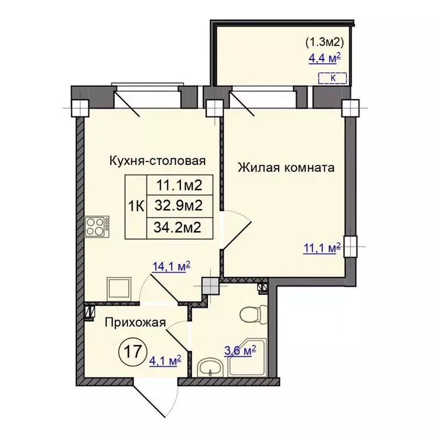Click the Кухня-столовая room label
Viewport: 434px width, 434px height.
tap(158, 161)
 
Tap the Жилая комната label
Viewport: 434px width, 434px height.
tap(286, 167)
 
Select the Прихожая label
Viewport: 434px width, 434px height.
tap(136, 323)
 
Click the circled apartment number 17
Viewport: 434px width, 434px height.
tap(132, 352)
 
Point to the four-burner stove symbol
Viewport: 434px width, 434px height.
tap(97, 227)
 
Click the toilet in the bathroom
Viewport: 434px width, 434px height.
tap(253, 314)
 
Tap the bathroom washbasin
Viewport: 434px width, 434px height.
tap(211, 367)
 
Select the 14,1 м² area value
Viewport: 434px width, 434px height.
tap(171, 267)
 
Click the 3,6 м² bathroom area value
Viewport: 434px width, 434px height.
tap(240, 351)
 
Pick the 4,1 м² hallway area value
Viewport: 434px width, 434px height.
tap(165, 361)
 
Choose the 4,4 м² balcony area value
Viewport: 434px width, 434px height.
tap(324, 59)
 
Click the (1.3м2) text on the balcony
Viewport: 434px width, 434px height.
tap(325, 42)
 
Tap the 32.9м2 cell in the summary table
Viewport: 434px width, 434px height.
tap(180, 206)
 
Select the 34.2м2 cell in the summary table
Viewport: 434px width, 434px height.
tap(180, 228)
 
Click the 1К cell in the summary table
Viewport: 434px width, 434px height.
tap(136, 207)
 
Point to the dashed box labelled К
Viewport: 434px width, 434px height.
tap(332, 78)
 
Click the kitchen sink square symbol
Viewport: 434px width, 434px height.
tap(119, 289)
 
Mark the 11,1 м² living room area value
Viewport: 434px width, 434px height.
tap(322, 248)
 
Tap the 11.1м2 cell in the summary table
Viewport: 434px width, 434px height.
tap(180, 185)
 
